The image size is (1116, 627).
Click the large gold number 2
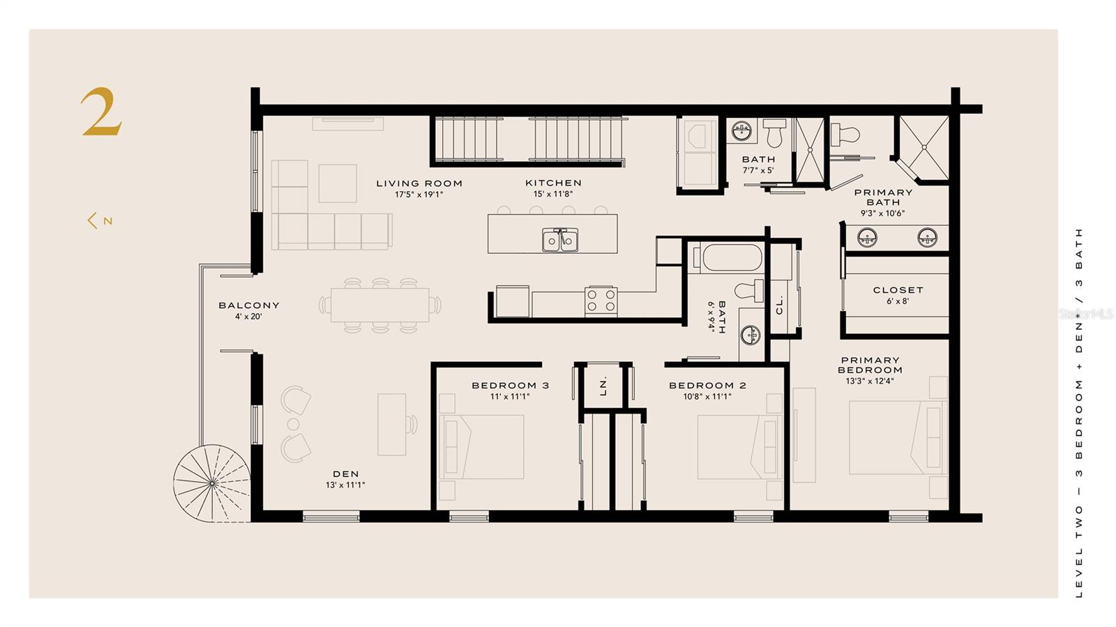(102, 112)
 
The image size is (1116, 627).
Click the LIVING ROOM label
(419, 183)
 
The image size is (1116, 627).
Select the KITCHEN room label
(553, 183)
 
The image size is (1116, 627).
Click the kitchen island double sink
(561, 240)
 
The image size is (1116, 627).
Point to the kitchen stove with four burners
(601, 301)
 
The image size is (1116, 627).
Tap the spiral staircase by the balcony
(212, 483)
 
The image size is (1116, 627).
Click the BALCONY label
(248, 305)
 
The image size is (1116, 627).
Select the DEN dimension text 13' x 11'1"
(345, 485)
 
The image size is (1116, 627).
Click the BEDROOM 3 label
(510, 386)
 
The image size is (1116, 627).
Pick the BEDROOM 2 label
(707, 386)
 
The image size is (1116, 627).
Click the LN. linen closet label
(603, 386)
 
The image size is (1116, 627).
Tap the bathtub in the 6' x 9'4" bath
(726, 257)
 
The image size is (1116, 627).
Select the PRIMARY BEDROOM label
(870, 365)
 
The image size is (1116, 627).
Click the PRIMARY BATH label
(883, 197)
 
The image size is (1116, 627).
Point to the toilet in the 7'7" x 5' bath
(774, 132)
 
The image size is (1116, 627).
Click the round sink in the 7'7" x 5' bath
(742, 131)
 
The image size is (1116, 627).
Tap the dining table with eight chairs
(380, 305)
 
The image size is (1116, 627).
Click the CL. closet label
(780, 305)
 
